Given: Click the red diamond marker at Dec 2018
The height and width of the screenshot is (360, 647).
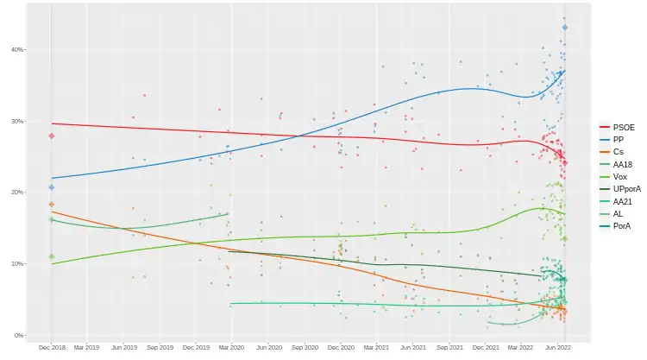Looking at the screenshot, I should (x=52, y=136).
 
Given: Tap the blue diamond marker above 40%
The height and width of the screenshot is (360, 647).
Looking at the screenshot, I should (x=565, y=28).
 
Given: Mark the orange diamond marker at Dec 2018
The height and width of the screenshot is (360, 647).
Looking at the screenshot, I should (x=52, y=205).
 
